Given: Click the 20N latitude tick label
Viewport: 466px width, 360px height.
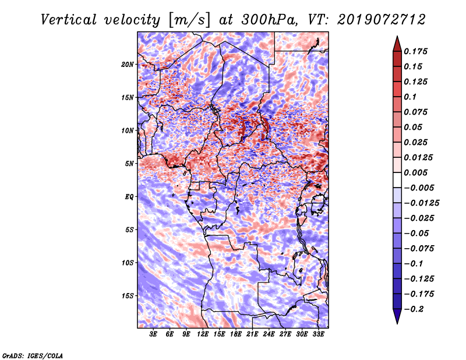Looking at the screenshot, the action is point(128,65).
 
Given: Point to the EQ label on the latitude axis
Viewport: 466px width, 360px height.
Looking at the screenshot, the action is point(129,197).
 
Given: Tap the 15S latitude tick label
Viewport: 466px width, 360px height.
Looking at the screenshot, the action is point(128,296).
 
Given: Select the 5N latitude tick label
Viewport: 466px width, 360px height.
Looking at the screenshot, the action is point(129,164).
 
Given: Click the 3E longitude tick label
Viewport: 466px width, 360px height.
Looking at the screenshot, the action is point(153,334).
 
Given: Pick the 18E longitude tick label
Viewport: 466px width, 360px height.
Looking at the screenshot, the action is point(236,334).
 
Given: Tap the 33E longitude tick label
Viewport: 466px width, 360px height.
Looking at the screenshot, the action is point(318,334).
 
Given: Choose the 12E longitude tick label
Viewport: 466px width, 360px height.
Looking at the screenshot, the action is point(203,334).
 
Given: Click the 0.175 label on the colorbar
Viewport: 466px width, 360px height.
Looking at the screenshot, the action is point(415,51).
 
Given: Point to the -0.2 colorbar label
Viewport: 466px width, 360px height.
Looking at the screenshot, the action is point(414,309).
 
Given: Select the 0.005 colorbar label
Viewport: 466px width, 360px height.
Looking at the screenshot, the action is point(415,172).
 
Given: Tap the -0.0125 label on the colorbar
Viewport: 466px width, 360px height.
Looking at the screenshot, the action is point(421,203).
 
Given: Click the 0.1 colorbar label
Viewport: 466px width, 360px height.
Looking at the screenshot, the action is point(410,97).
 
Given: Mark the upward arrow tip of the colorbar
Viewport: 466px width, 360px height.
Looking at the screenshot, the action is point(397,36).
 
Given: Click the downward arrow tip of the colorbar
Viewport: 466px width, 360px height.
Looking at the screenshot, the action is point(397,323).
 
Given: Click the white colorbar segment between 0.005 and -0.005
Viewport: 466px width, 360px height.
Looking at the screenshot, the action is point(397,180).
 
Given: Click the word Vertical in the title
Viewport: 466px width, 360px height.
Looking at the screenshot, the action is point(69,20).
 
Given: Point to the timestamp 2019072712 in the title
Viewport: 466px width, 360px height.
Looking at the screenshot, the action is point(382,20).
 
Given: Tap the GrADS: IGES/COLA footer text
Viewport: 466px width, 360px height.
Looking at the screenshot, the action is point(33,355).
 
